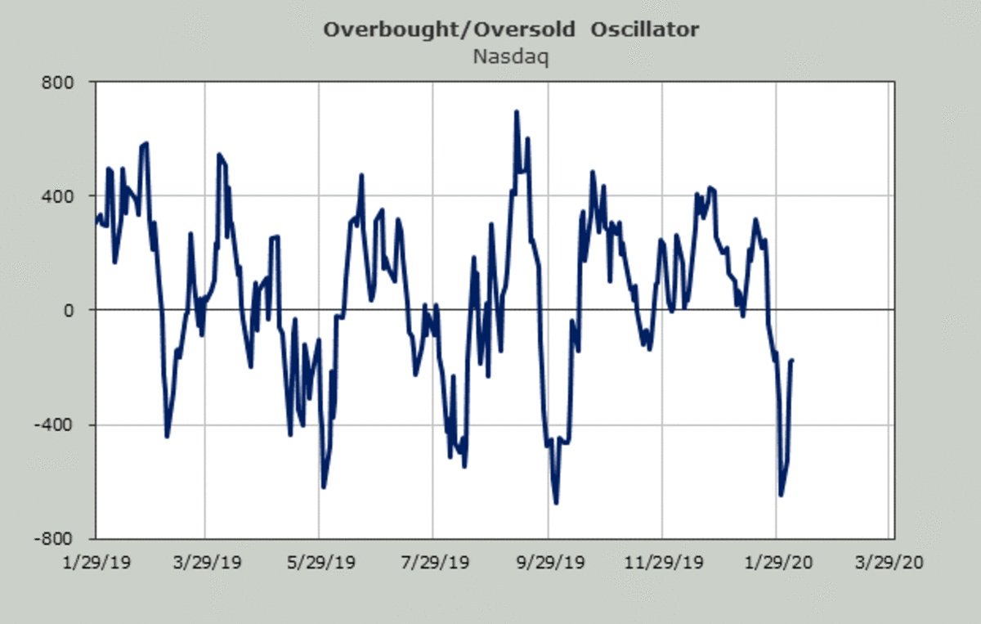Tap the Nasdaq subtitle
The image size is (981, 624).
[x=511, y=57]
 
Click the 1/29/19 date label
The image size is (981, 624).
[x=96, y=563]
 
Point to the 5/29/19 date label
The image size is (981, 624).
[x=319, y=563]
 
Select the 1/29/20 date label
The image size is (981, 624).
[x=776, y=563]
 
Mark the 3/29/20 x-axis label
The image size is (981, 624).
[x=888, y=563]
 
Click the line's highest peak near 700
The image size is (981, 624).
[x=517, y=112]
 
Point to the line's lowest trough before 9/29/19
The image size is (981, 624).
[x=556, y=502]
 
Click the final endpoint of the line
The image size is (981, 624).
[x=791, y=360]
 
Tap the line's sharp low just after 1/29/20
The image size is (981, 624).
[x=781, y=495]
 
